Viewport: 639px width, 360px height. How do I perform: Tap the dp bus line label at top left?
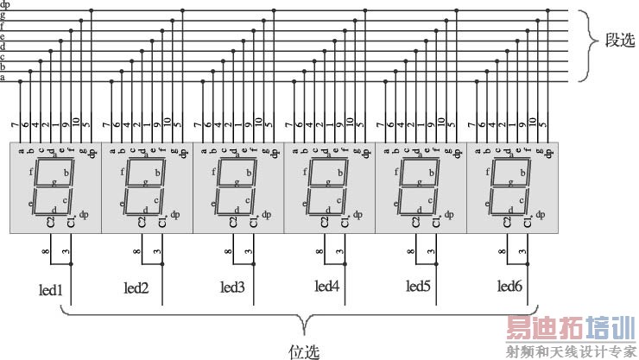tap(5, 5)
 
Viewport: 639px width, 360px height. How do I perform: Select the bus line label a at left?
tap(3, 78)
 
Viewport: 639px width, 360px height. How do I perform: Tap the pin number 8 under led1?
tap(46, 252)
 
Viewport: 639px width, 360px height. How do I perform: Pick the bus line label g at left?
tap(3, 16)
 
